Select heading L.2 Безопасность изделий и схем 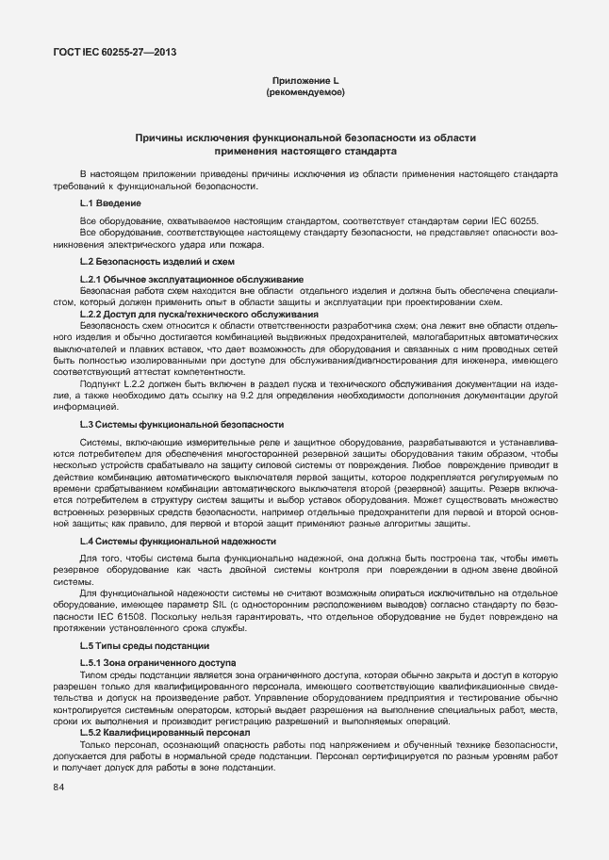click(x=156, y=261)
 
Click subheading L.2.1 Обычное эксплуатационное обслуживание click(x=191, y=279)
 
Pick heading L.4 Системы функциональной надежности click(x=177, y=541)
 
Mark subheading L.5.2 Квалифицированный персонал click(x=164, y=732)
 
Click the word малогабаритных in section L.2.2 click(x=422, y=335)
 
